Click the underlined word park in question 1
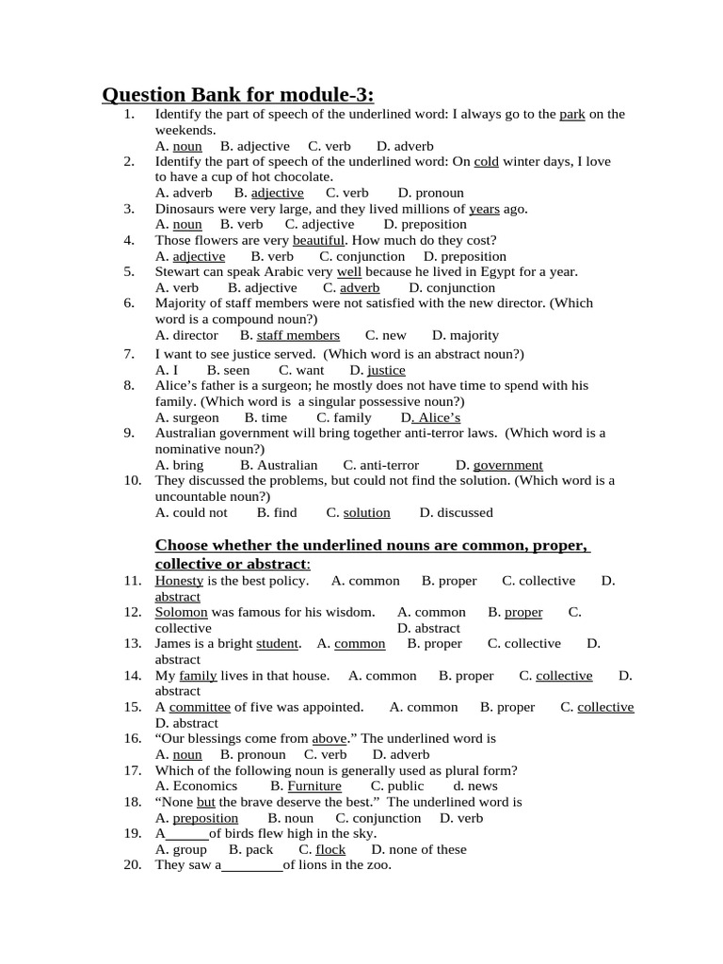(x=572, y=115)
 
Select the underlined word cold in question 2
(x=486, y=162)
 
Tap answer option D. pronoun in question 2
(x=431, y=193)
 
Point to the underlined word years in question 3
(x=484, y=209)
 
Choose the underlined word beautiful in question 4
(x=318, y=240)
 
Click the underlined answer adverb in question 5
(x=360, y=288)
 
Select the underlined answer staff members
(x=297, y=335)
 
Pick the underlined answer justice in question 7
(x=386, y=370)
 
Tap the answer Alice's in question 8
(x=434, y=417)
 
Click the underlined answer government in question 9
(x=507, y=465)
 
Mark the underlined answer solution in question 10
(x=366, y=512)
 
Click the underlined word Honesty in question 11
(x=179, y=581)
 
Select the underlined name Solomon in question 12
(x=181, y=612)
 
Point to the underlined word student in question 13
(x=278, y=644)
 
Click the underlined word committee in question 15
(x=200, y=707)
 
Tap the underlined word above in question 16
(x=329, y=739)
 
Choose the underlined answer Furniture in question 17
(x=314, y=786)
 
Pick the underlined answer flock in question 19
(x=330, y=849)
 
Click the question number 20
(x=132, y=865)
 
